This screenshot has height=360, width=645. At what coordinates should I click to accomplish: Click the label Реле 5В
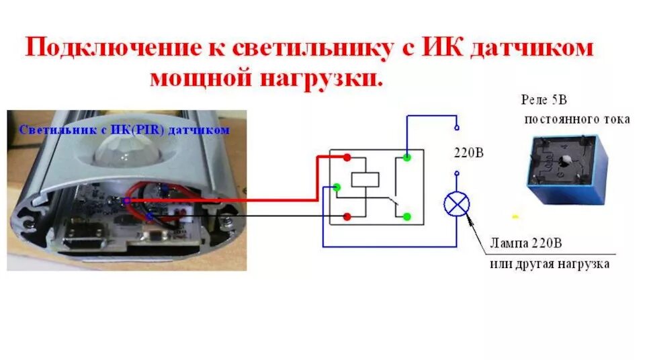(x=544, y=100)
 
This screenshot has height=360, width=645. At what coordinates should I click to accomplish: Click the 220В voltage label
(x=470, y=153)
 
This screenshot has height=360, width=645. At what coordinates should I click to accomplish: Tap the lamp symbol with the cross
(x=456, y=204)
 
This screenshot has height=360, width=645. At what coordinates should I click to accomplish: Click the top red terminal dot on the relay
(x=347, y=158)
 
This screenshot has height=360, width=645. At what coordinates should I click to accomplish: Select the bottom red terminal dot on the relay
(x=347, y=216)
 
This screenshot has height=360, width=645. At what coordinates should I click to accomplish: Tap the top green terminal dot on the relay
(x=407, y=158)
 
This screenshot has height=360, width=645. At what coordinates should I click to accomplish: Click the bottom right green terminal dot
(x=407, y=216)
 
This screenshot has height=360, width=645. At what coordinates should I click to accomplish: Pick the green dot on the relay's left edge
(x=337, y=187)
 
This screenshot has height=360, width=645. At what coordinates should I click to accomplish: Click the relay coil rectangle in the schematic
(x=365, y=179)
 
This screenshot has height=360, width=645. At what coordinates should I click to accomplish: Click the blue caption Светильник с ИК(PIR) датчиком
(x=124, y=130)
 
